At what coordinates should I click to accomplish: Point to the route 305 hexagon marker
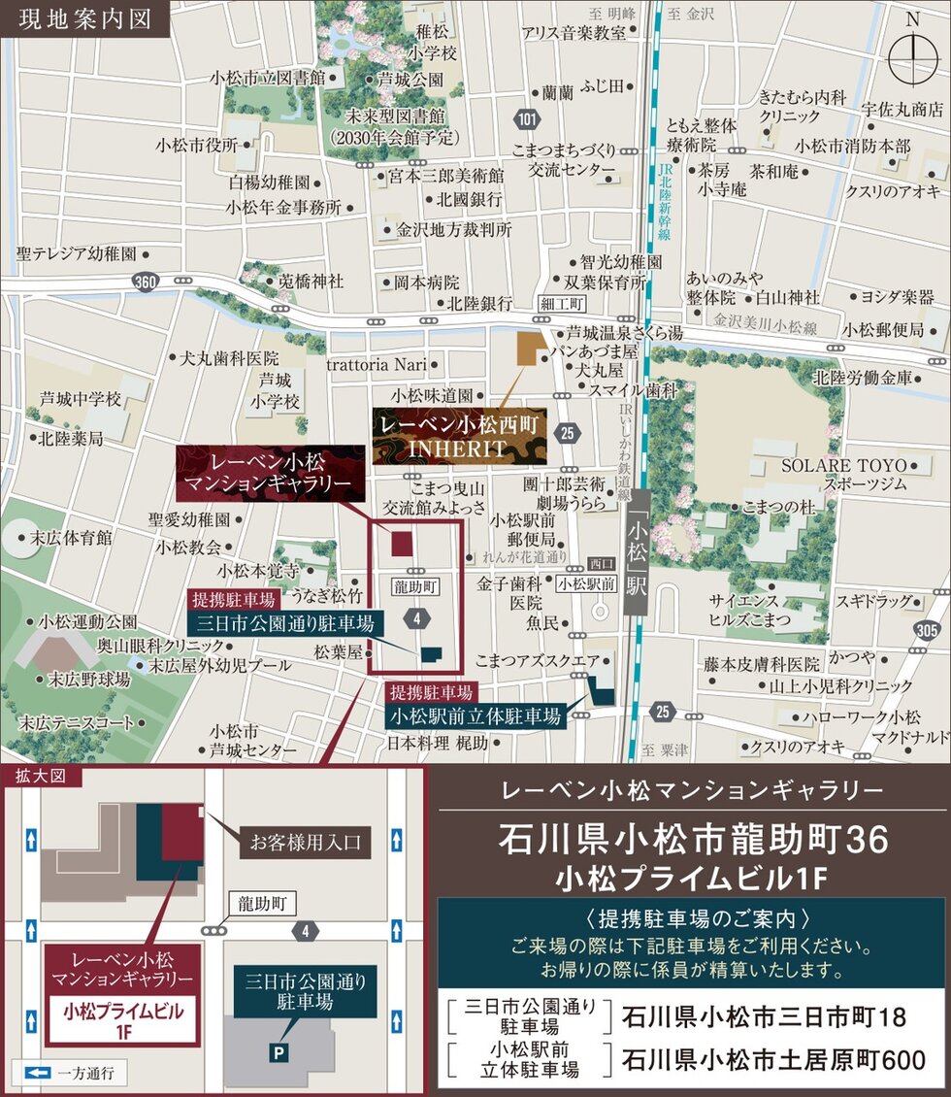(927, 630)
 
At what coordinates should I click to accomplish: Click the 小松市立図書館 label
(266, 79)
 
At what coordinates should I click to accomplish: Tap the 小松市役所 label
(196, 145)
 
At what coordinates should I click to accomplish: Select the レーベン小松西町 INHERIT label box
(459, 437)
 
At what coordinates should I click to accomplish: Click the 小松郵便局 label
(883, 330)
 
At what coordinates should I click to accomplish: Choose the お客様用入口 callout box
(305, 842)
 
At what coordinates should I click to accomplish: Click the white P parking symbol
(279, 1051)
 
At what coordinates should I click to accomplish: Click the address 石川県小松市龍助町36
(693, 839)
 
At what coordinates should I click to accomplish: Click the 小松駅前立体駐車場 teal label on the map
(476, 716)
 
